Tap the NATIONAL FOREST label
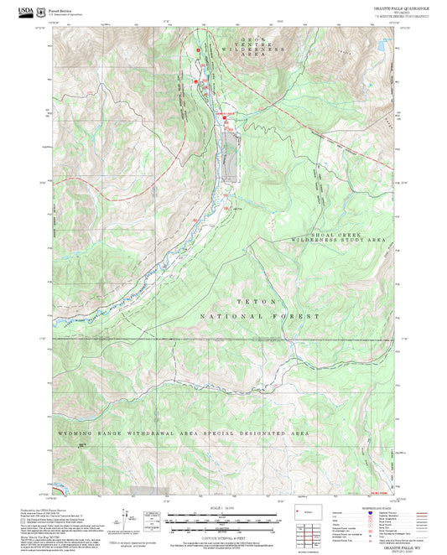pos(260,316)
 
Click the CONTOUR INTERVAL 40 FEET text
pos(223,533)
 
